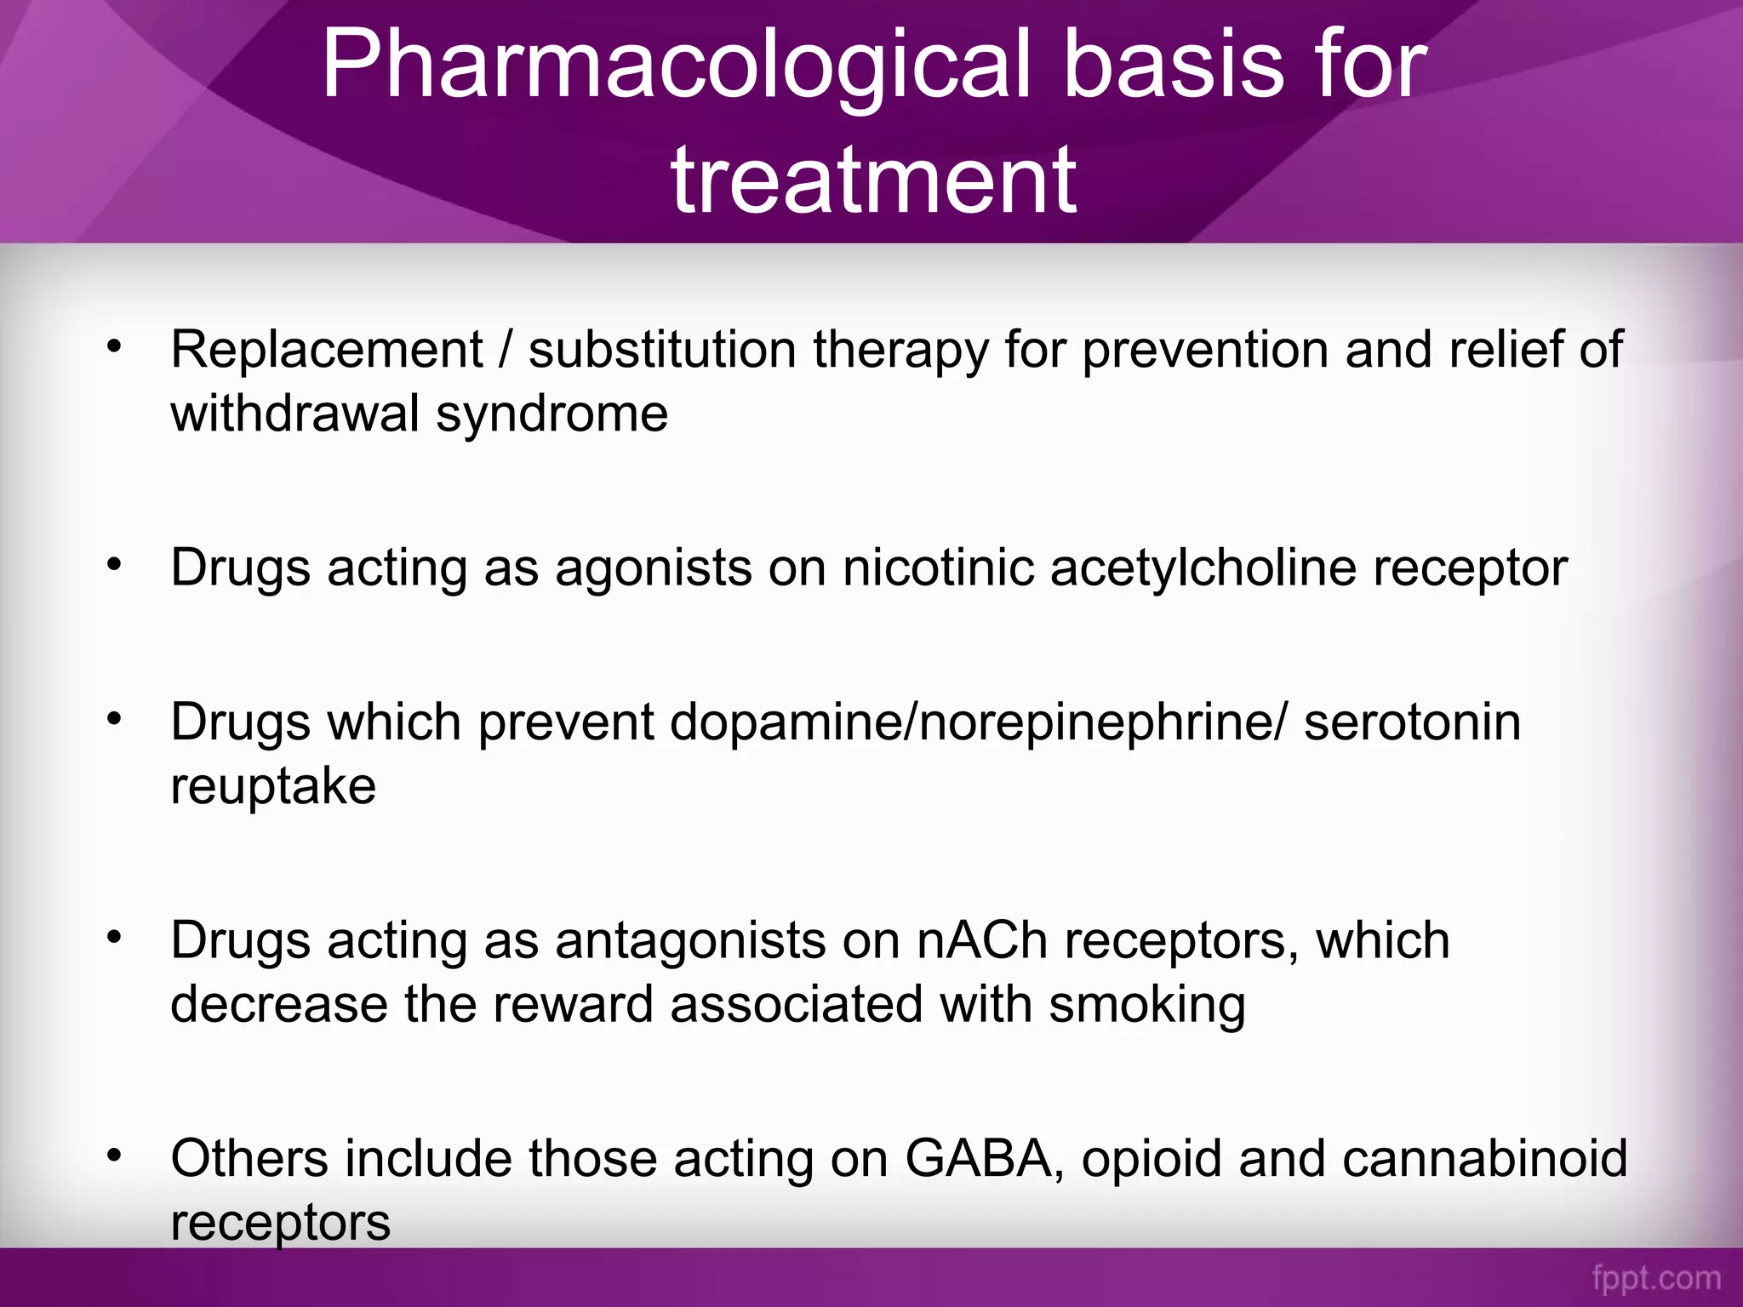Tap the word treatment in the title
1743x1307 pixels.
point(874,180)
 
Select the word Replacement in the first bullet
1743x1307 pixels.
point(327,350)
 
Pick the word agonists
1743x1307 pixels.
point(654,568)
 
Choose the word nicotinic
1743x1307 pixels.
point(937,568)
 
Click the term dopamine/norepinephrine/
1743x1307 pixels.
point(979,722)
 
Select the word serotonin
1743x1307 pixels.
point(1412,722)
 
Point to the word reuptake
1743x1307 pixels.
point(273,788)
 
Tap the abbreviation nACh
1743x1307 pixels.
point(982,941)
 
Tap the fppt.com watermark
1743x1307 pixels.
point(1656,1279)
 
